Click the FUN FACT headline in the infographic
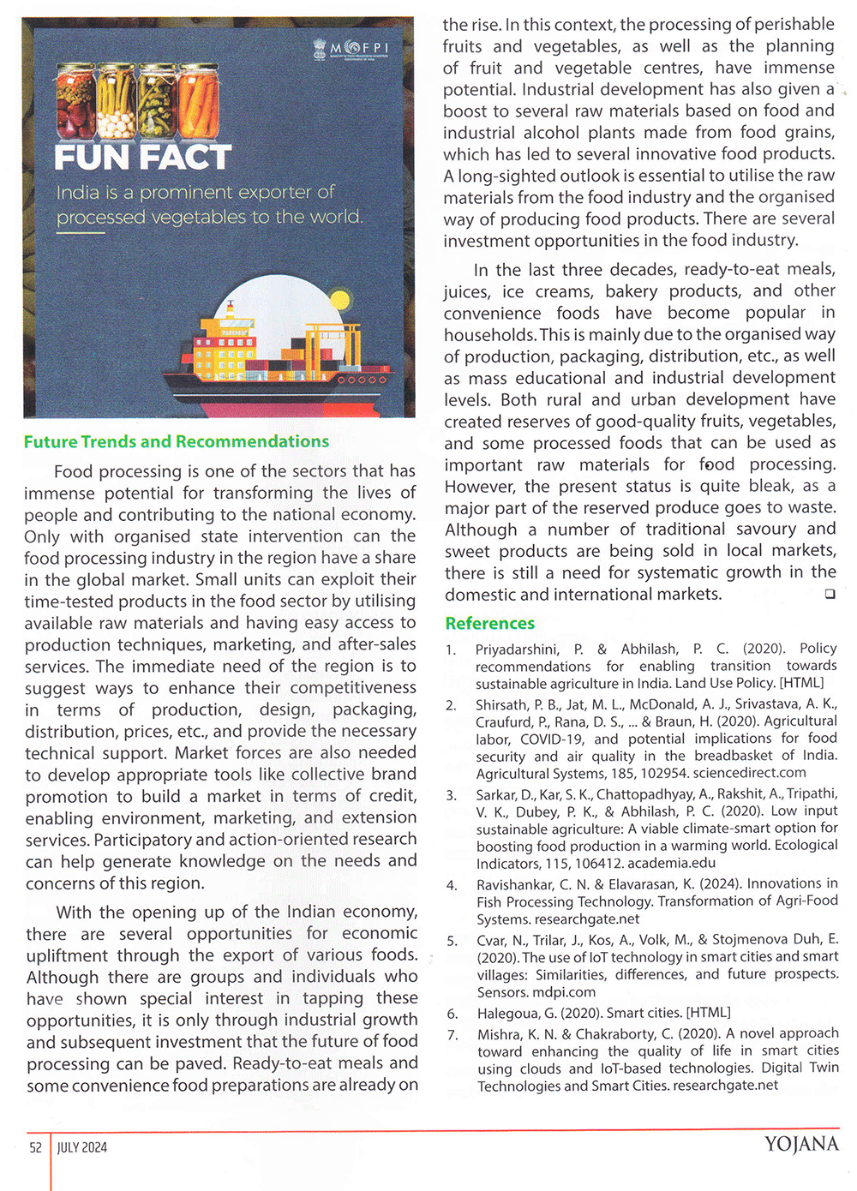143,158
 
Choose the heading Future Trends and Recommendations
177,442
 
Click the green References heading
489,624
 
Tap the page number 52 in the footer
36,1147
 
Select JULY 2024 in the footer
82,1147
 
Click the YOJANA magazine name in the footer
801,1145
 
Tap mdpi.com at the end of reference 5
566,992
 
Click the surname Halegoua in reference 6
509,1013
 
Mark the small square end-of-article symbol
830,594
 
